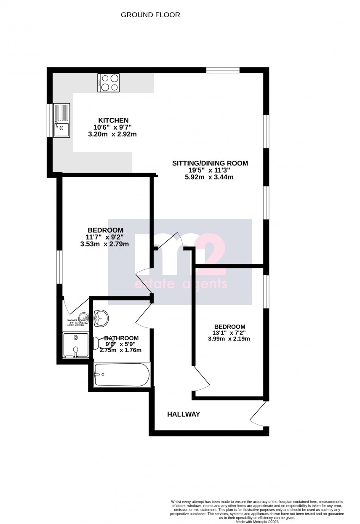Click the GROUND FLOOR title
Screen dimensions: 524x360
(x=150, y=15)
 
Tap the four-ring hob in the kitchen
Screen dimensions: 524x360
(x=108, y=82)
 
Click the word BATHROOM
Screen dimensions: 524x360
(x=121, y=338)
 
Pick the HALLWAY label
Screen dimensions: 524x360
(x=184, y=414)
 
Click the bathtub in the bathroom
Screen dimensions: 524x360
(x=121, y=374)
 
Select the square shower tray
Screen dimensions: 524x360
(x=76, y=345)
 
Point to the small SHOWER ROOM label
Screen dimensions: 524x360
(x=76, y=321)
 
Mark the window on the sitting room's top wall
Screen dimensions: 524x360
(x=223, y=70)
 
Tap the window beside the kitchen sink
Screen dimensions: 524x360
(x=50, y=120)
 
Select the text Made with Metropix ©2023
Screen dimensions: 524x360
(x=257, y=521)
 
